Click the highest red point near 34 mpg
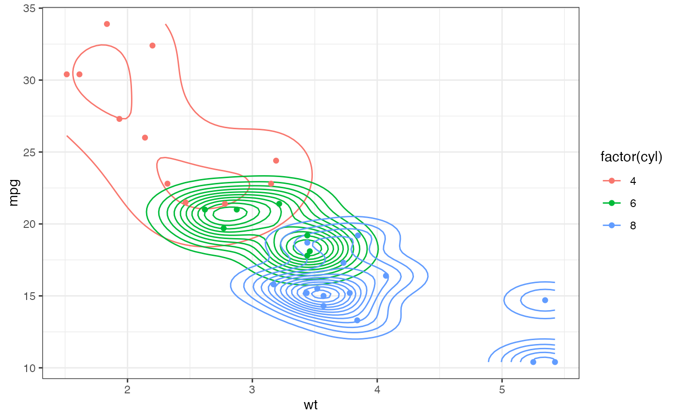tap(107, 24)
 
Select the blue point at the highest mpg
tap(358, 236)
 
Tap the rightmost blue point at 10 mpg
tap(555, 362)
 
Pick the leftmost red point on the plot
tap(67, 74)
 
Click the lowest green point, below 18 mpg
tap(307, 255)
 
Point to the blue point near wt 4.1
tap(386, 276)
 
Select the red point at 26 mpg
tap(145, 137)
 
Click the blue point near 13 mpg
tap(357, 320)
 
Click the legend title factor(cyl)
tap(631, 157)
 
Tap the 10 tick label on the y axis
tap(30, 368)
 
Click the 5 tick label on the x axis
tap(502, 389)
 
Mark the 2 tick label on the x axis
tap(128, 389)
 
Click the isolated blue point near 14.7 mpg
tap(545, 300)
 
